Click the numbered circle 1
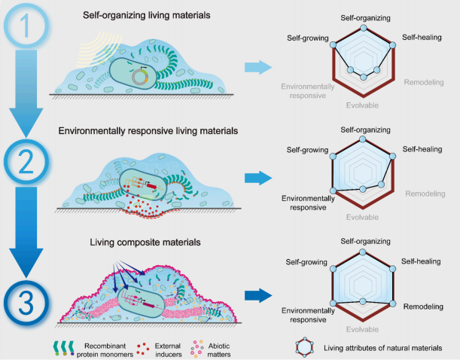pos(26,26)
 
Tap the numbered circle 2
pos(26,162)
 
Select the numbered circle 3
pos(26,303)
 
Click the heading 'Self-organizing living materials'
pos(146,15)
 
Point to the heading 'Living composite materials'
pos(145,243)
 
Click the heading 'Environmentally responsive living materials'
pos(148,131)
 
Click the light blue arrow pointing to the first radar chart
pos(258,67)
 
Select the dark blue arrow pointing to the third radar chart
pos(258,295)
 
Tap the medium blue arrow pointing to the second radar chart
pos(258,178)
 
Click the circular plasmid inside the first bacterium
pos(140,77)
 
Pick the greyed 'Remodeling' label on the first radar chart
pos(424,82)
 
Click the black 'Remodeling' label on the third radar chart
pos(423,307)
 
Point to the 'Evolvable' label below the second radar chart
pos(362,218)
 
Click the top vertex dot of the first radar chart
pos(364,28)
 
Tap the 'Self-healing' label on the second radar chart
pos(422,149)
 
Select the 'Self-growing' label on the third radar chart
pos(306,262)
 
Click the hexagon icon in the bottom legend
pos(305,347)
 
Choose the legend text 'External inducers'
pos(168,350)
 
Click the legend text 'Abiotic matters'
pos(219,350)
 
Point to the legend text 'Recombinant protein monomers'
pos(105,350)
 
